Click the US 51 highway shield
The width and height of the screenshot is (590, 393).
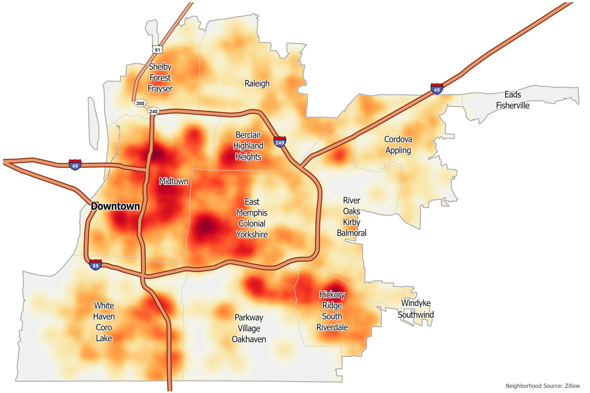(157, 50)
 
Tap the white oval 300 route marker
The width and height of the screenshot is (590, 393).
(141, 103)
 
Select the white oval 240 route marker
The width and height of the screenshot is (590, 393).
(153, 111)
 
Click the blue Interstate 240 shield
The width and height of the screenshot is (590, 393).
(280, 142)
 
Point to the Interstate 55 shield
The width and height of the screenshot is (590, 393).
(96, 265)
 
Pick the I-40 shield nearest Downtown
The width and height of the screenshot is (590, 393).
(75, 165)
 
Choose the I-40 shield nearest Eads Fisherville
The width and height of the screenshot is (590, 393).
(437, 89)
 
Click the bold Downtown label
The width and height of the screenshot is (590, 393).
(115, 206)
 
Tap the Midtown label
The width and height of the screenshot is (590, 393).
(174, 181)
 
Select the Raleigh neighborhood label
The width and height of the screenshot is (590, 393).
(257, 83)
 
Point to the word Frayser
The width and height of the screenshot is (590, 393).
(160, 89)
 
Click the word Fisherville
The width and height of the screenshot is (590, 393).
(512, 106)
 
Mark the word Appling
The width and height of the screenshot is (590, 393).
(398, 150)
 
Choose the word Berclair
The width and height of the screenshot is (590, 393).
(248, 135)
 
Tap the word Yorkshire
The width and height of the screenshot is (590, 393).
(252, 234)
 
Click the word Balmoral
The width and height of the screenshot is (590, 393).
(351, 233)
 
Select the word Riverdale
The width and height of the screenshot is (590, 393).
(332, 327)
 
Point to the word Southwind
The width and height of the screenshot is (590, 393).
(416, 315)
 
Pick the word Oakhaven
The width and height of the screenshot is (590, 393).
(249, 339)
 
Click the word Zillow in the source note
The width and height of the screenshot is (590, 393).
(572, 386)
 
